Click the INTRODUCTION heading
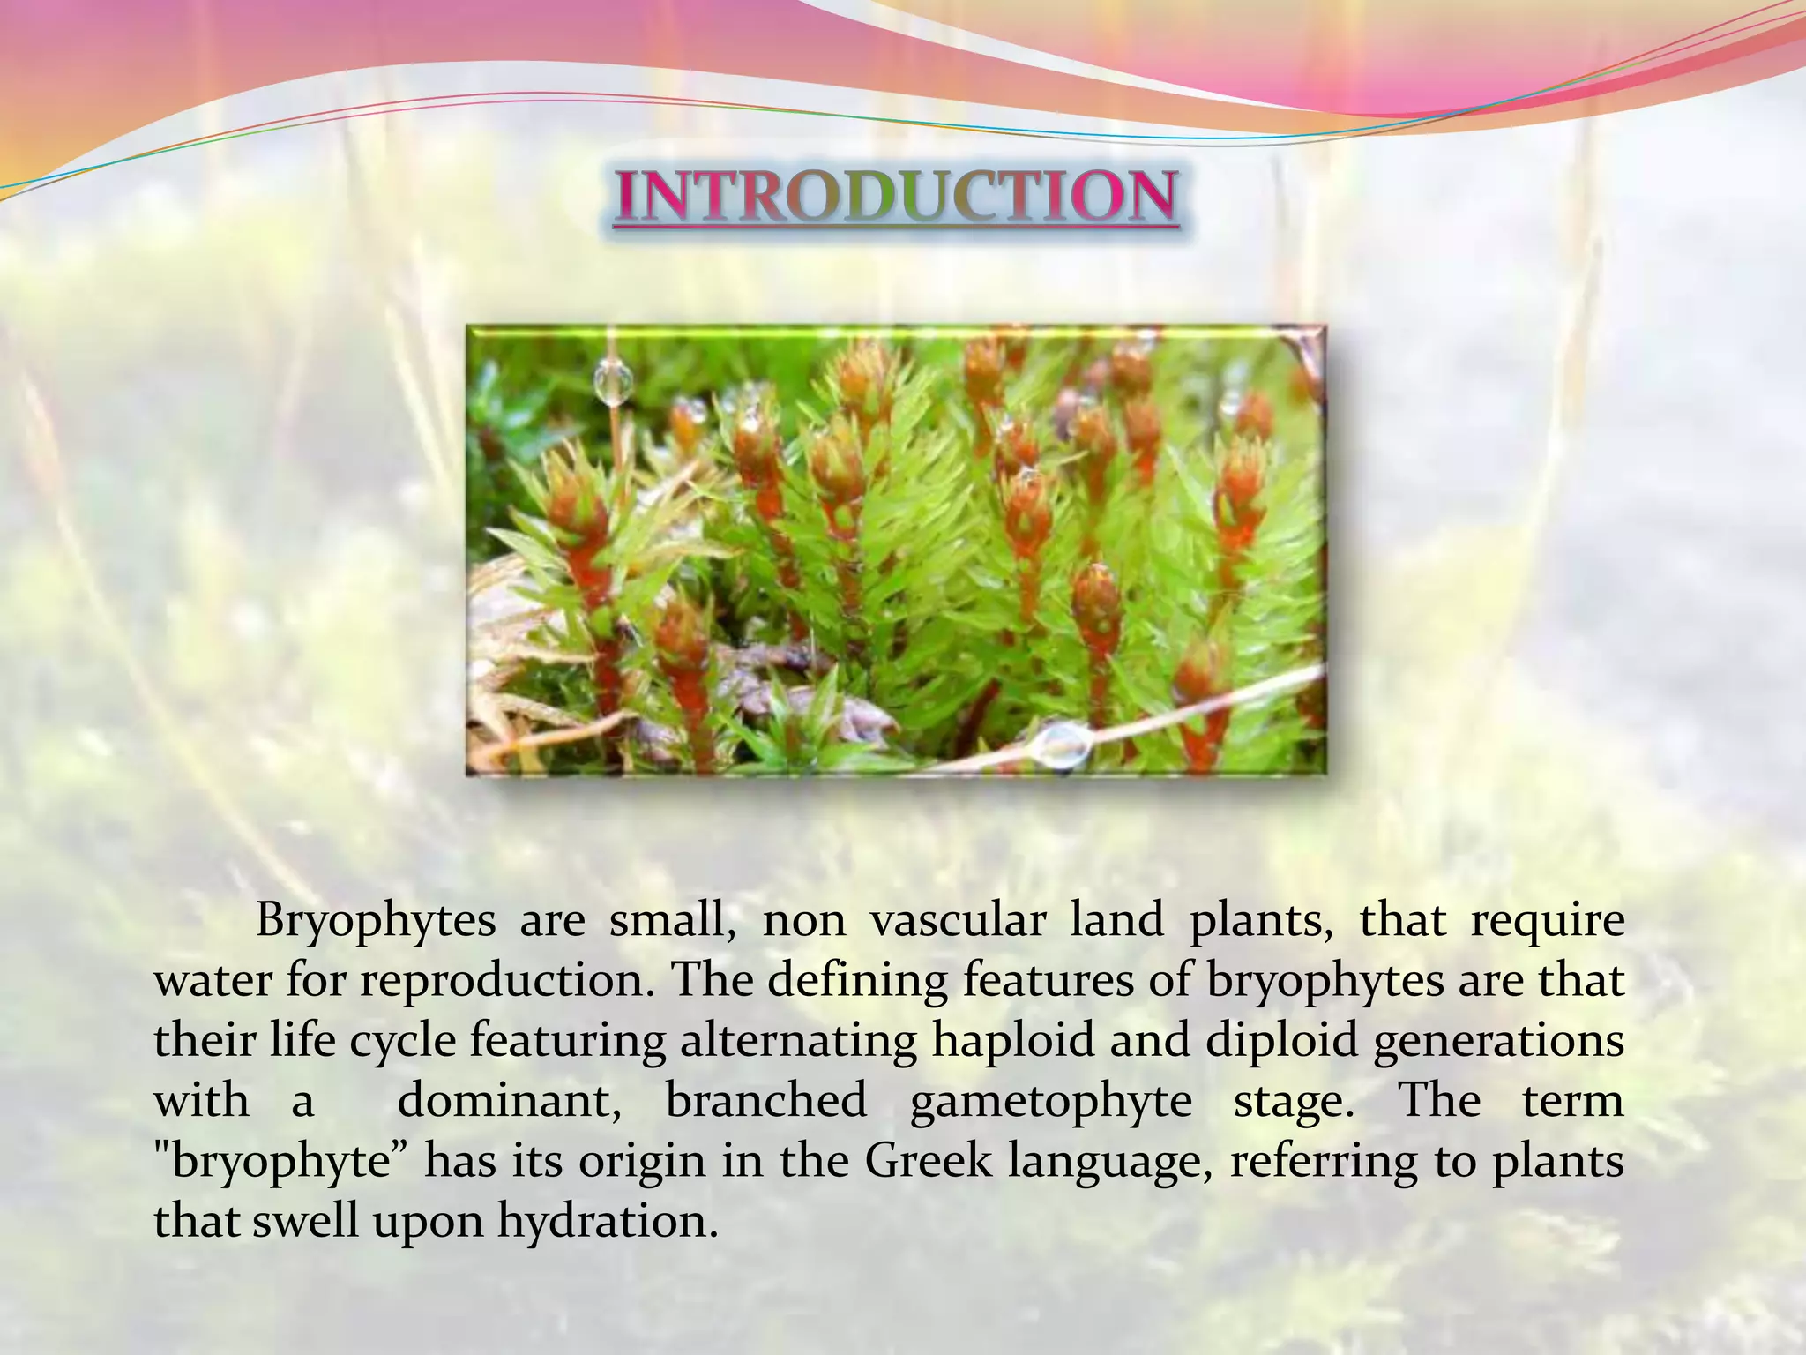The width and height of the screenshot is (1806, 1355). click(x=895, y=196)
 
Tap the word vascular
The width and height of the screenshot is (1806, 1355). click(x=958, y=921)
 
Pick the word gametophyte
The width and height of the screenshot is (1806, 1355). click(x=1050, y=1101)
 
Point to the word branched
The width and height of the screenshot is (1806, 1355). click(x=766, y=1101)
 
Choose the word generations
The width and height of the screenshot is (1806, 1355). click(x=1498, y=1041)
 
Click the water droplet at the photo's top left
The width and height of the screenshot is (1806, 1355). click(x=613, y=381)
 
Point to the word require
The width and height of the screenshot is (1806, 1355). click(x=1548, y=923)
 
